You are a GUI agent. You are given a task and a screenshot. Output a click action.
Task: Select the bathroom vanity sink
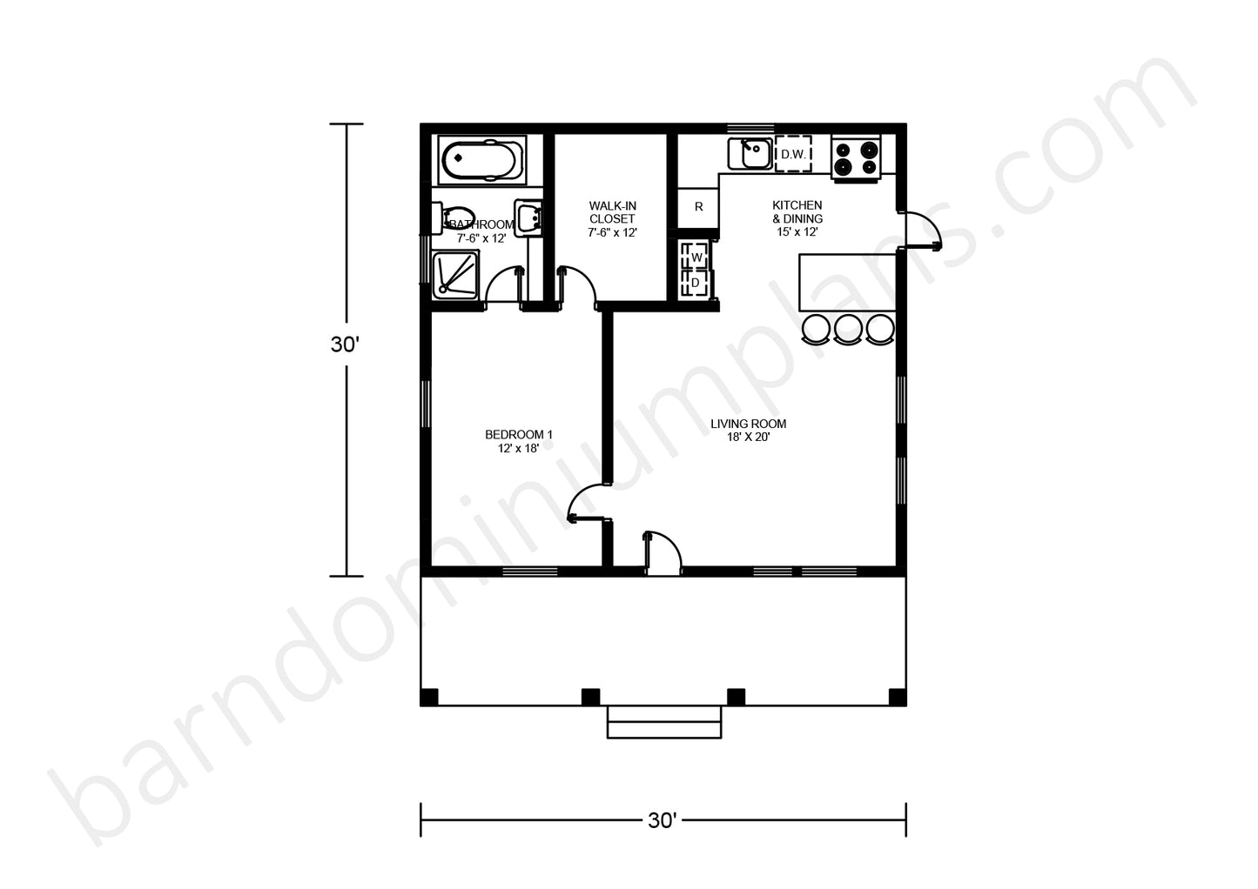(x=528, y=217)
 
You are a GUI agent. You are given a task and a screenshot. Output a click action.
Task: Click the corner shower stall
(x=455, y=275)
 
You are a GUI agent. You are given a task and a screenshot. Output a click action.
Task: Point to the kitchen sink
(x=750, y=153)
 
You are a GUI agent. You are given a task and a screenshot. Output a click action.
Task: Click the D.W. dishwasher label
(x=794, y=154)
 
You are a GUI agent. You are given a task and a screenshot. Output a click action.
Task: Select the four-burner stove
(x=856, y=158)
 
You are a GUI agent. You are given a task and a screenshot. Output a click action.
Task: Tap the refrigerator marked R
(x=698, y=208)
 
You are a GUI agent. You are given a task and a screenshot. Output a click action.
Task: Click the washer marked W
(x=696, y=257)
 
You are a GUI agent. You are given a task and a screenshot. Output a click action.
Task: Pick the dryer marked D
(x=696, y=283)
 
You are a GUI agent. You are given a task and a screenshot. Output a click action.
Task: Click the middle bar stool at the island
(x=849, y=329)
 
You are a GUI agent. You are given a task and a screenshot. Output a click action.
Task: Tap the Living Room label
(x=748, y=431)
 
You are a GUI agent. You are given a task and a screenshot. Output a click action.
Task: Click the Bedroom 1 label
(x=518, y=441)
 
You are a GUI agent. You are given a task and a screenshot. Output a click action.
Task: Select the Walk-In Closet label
(x=612, y=219)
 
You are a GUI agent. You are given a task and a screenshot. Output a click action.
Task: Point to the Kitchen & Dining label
(x=797, y=219)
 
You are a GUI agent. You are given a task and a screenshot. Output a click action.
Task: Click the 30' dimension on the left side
(x=345, y=344)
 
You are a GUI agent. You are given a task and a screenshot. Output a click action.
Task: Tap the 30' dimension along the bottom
(x=663, y=820)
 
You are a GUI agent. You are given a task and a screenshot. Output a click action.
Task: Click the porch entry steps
(x=664, y=722)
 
